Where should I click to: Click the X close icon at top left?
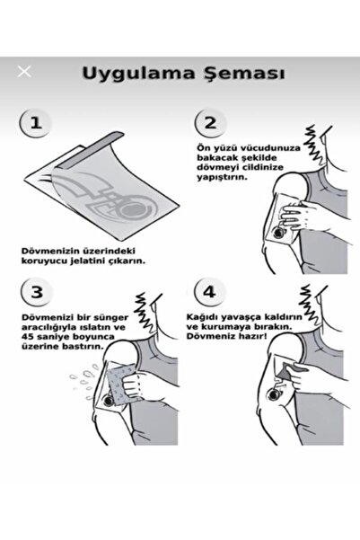pos(24,71)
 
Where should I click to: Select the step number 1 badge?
pos(34,122)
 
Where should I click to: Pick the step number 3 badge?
pos(34,294)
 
